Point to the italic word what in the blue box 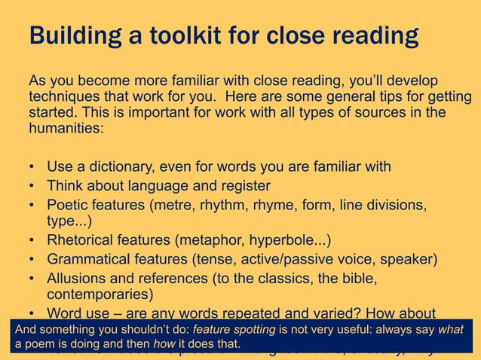click(x=451, y=330)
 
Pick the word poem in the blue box click(x=41, y=344)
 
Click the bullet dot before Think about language click(x=32, y=185)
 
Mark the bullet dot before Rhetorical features click(x=32, y=241)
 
